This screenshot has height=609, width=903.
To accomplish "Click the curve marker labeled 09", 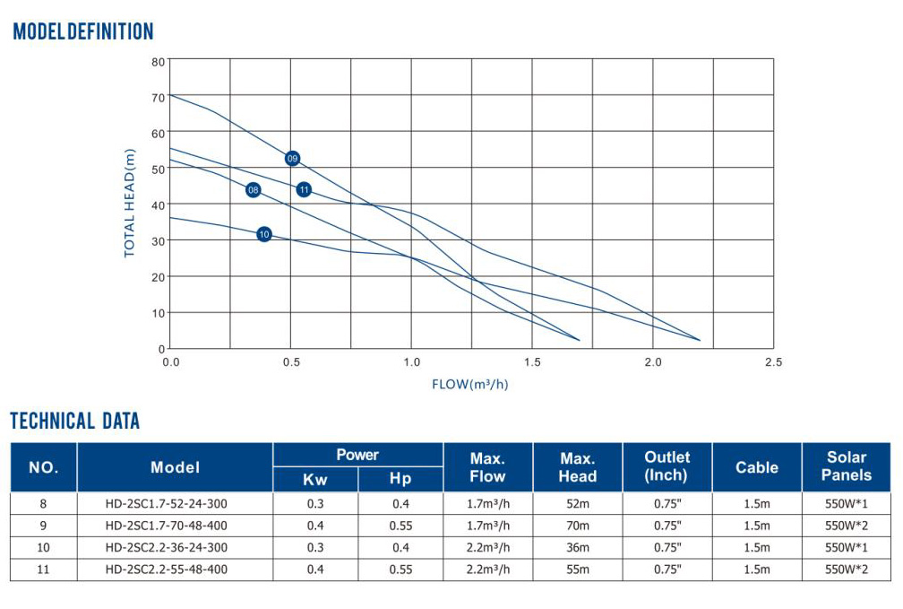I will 292,159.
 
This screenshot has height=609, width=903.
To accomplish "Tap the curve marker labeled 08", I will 254,190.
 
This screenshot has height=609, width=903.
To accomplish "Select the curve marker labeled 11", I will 305,189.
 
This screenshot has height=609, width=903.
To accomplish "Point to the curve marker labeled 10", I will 264,234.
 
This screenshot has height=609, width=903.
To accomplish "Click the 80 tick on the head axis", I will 159,62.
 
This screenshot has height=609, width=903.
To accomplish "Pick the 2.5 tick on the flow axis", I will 773,362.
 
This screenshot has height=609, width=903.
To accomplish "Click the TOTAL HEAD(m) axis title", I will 130,203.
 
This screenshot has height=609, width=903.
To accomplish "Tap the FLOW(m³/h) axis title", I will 470,385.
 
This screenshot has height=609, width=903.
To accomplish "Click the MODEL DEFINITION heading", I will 83,32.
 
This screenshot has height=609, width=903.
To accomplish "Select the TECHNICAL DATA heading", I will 75,421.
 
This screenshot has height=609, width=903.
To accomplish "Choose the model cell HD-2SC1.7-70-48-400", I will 167,525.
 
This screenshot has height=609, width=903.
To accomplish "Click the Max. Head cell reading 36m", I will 577,547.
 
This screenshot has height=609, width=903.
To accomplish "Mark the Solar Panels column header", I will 846,466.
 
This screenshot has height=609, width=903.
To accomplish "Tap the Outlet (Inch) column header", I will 666,466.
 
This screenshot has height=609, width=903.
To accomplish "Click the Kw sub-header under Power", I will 315,480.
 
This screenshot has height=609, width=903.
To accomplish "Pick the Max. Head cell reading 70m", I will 577,525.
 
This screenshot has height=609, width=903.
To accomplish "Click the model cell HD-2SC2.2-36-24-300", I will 167,547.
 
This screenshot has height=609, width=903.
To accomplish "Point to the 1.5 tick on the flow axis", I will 532,362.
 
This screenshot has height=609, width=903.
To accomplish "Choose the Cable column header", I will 757,467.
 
